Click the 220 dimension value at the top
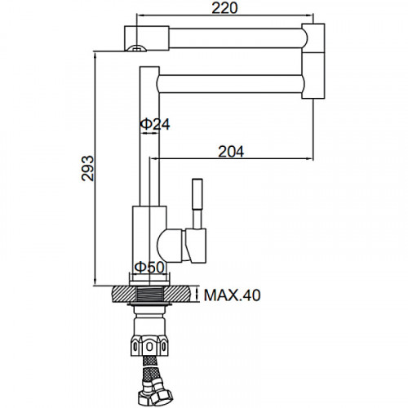tap(224, 8)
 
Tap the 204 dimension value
tap(231, 152)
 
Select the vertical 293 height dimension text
tap(88, 168)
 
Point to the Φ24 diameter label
tap(155, 124)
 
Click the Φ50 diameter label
tap(149, 267)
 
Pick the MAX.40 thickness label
tap(233, 295)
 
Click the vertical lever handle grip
tap(197, 194)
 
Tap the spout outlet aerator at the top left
tap(136, 48)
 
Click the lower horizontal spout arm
tap(231, 84)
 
